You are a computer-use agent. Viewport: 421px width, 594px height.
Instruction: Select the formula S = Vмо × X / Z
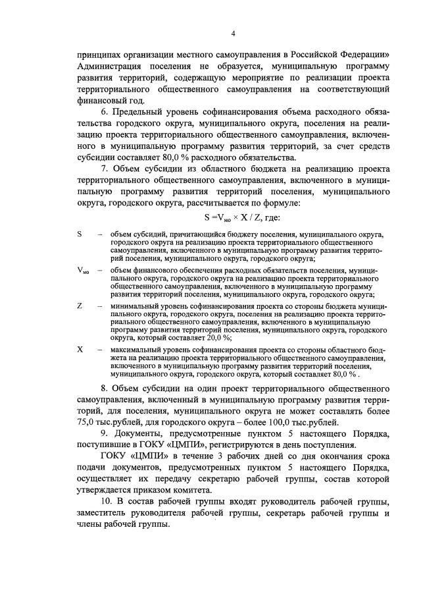241,216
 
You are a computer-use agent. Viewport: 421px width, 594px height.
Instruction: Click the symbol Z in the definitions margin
80,306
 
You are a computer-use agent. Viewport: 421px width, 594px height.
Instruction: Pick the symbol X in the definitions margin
80,349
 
